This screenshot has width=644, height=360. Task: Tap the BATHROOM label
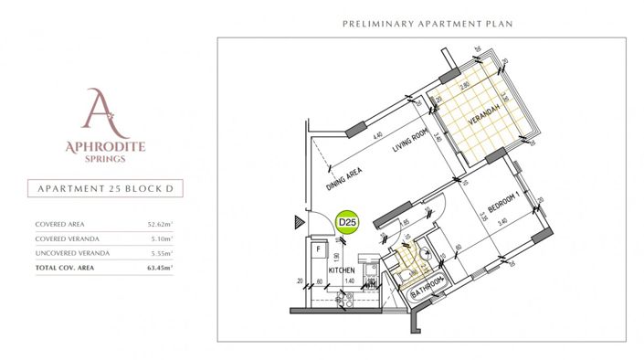point(427,288)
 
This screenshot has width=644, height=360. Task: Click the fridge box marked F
point(318,248)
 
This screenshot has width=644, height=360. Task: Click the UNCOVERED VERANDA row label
point(72,253)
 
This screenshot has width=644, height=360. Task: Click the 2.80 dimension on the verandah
point(465,85)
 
